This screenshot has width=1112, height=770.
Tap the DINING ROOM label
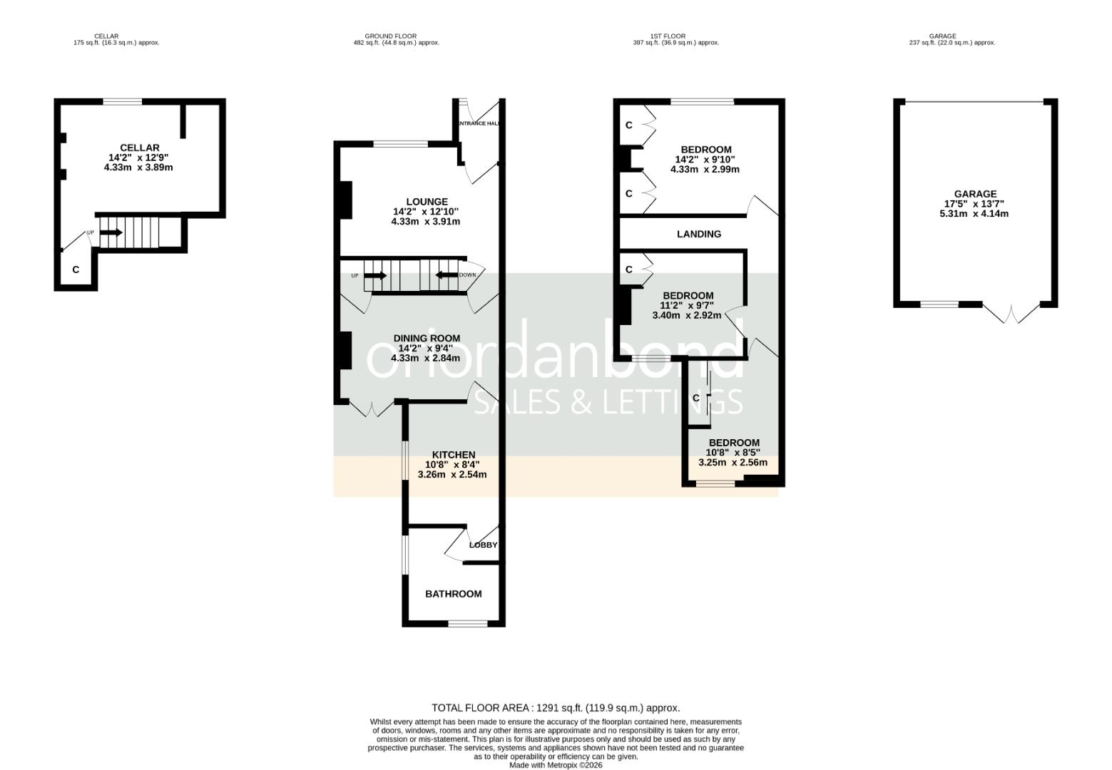coord(427,338)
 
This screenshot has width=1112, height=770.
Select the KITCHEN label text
coord(454,455)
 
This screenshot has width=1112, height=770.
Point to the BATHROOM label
coord(453,594)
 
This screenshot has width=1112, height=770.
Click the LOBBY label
coord(483,545)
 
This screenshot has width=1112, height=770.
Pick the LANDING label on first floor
coord(698,234)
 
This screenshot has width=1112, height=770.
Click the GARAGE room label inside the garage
coord(975,194)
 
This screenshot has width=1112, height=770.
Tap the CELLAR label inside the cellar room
coord(139,148)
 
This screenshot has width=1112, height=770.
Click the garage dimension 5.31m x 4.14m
coord(974,213)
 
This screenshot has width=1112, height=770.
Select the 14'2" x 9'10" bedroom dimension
coord(705,160)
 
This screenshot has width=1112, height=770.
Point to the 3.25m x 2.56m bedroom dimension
coord(733,462)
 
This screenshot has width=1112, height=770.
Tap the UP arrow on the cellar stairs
coord(111,232)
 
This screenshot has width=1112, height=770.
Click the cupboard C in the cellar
coord(76,270)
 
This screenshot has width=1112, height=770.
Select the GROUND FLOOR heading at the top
coord(390,36)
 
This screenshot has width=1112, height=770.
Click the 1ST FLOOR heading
coord(668,36)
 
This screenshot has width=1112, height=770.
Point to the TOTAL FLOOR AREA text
coord(556,708)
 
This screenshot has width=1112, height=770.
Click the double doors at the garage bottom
coord(1011,312)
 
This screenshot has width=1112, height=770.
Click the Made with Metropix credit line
coord(556,765)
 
